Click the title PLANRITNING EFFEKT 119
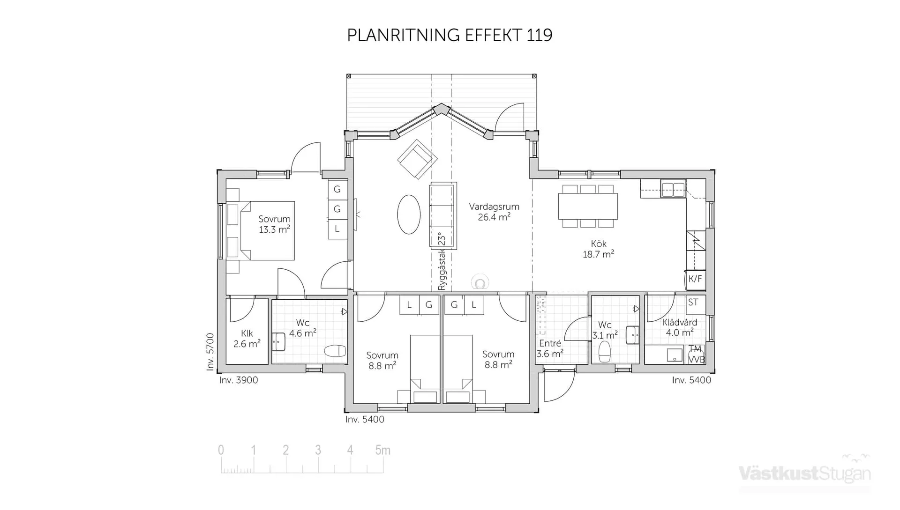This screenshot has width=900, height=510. click(450, 35)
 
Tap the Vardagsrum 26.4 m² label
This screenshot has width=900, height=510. click(494, 212)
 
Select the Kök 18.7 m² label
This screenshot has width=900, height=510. click(598, 249)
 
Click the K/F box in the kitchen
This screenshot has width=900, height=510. click(695, 279)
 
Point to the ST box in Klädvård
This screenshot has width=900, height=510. click(693, 303)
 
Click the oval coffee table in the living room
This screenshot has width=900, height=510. click(409, 214)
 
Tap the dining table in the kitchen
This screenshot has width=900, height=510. click(588, 206)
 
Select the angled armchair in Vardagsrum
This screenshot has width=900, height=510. click(417, 159)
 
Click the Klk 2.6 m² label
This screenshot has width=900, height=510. click(247, 339)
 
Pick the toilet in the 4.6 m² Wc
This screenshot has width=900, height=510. click(335, 351)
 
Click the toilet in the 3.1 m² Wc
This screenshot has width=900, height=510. click(605, 351)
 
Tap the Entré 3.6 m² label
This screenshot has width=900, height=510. click(550, 348)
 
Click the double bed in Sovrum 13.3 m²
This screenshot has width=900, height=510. click(267, 230)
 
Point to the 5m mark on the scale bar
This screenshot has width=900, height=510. click(382, 451)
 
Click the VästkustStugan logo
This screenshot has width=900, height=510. click(804, 473)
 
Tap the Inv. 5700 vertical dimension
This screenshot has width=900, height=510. click(210, 352)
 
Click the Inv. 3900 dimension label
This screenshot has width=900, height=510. click(238, 380)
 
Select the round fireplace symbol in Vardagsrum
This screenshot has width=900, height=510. click(480, 283)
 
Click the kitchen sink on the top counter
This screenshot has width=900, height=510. click(673, 190)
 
